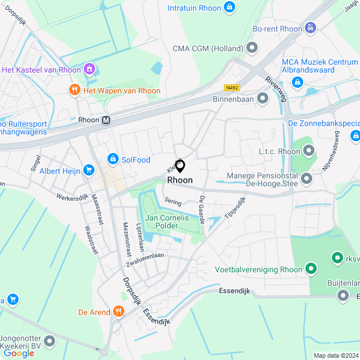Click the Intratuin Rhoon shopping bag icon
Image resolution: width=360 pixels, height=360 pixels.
coord(229,7)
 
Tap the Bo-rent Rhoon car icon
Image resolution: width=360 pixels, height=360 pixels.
coord(310,28)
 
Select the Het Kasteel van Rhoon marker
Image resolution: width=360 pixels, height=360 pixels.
coord(89,69)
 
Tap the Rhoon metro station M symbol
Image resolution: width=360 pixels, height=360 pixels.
coord(106,120)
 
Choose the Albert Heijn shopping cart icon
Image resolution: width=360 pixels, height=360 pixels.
coord(88,170)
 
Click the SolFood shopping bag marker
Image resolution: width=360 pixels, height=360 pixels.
coord(112,160)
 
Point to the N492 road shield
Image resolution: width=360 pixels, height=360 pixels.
coord(231,87)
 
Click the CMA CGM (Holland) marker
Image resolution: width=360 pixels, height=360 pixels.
coord(251,48)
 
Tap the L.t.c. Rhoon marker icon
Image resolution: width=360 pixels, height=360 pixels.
coord(309,151)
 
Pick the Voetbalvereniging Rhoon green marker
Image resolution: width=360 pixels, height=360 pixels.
coord(310,269)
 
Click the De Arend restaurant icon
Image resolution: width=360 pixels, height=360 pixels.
coord(118,312)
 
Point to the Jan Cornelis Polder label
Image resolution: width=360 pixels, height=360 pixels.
coord(167,222)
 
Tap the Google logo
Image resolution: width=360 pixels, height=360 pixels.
coord(19,353)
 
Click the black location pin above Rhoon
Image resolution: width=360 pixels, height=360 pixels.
coord(180,166)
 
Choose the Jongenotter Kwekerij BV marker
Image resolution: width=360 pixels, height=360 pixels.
coord(50,341)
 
